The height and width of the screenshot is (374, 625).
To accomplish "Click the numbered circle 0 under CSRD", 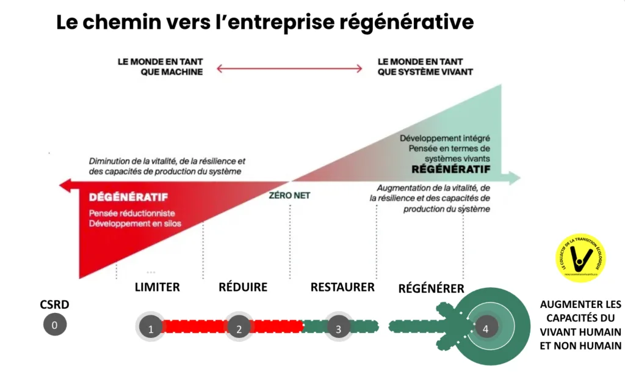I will tap(54, 325).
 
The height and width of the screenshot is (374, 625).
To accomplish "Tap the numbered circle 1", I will tap(150, 328).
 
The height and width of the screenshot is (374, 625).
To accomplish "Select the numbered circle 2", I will tap(239, 328).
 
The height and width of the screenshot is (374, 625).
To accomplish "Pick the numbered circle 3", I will tap(338, 328).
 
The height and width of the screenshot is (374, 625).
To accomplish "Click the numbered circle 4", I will tap(485, 328).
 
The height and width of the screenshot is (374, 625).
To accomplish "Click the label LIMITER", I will tap(157, 287).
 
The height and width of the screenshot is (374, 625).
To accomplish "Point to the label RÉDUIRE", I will tap(243, 287).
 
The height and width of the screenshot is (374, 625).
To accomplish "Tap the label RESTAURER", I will tap(342, 287).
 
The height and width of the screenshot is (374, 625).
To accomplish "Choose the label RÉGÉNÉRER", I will tap(431, 288).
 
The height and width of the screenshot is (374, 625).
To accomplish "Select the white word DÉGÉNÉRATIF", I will tap(128, 197).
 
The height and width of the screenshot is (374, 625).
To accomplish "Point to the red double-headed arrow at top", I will tap(290, 69).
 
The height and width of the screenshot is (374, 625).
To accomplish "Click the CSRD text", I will tap(54, 303).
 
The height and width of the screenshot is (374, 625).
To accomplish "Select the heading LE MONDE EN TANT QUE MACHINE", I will tap(161, 66).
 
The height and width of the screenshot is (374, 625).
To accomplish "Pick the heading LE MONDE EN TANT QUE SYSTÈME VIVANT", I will tap(425, 66).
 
